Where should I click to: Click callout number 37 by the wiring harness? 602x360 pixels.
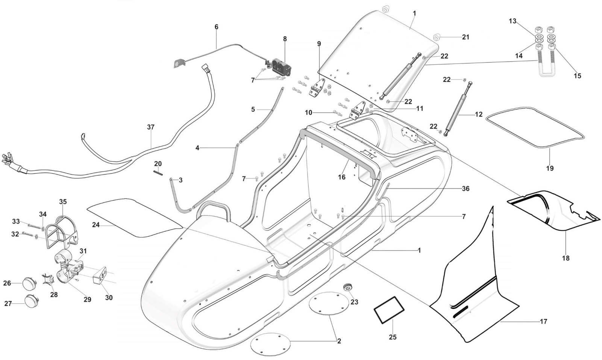tap(150, 127)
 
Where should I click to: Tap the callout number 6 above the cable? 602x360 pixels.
tap(216, 27)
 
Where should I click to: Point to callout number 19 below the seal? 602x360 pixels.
tap(550, 168)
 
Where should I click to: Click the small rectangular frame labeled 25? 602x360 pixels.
tap(388, 310)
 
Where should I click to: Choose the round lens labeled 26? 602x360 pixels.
tap(29, 283)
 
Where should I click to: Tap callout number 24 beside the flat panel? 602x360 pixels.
tap(96, 225)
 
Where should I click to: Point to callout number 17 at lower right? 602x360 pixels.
tap(543, 321)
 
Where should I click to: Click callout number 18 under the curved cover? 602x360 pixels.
tap(566, 258)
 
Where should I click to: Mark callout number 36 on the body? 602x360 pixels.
tap(466, 189)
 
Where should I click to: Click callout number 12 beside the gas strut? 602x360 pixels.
tap(478, 115)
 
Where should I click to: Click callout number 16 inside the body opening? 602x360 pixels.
tap(341, 177)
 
